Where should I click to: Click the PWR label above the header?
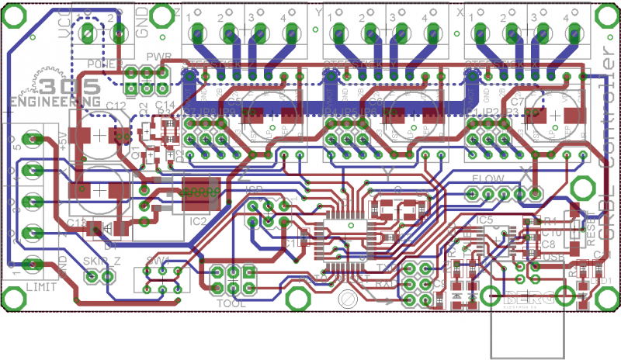158,57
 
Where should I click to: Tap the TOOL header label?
231,303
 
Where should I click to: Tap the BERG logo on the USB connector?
527,296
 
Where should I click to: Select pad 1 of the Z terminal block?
196,33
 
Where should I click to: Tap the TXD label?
387,266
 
